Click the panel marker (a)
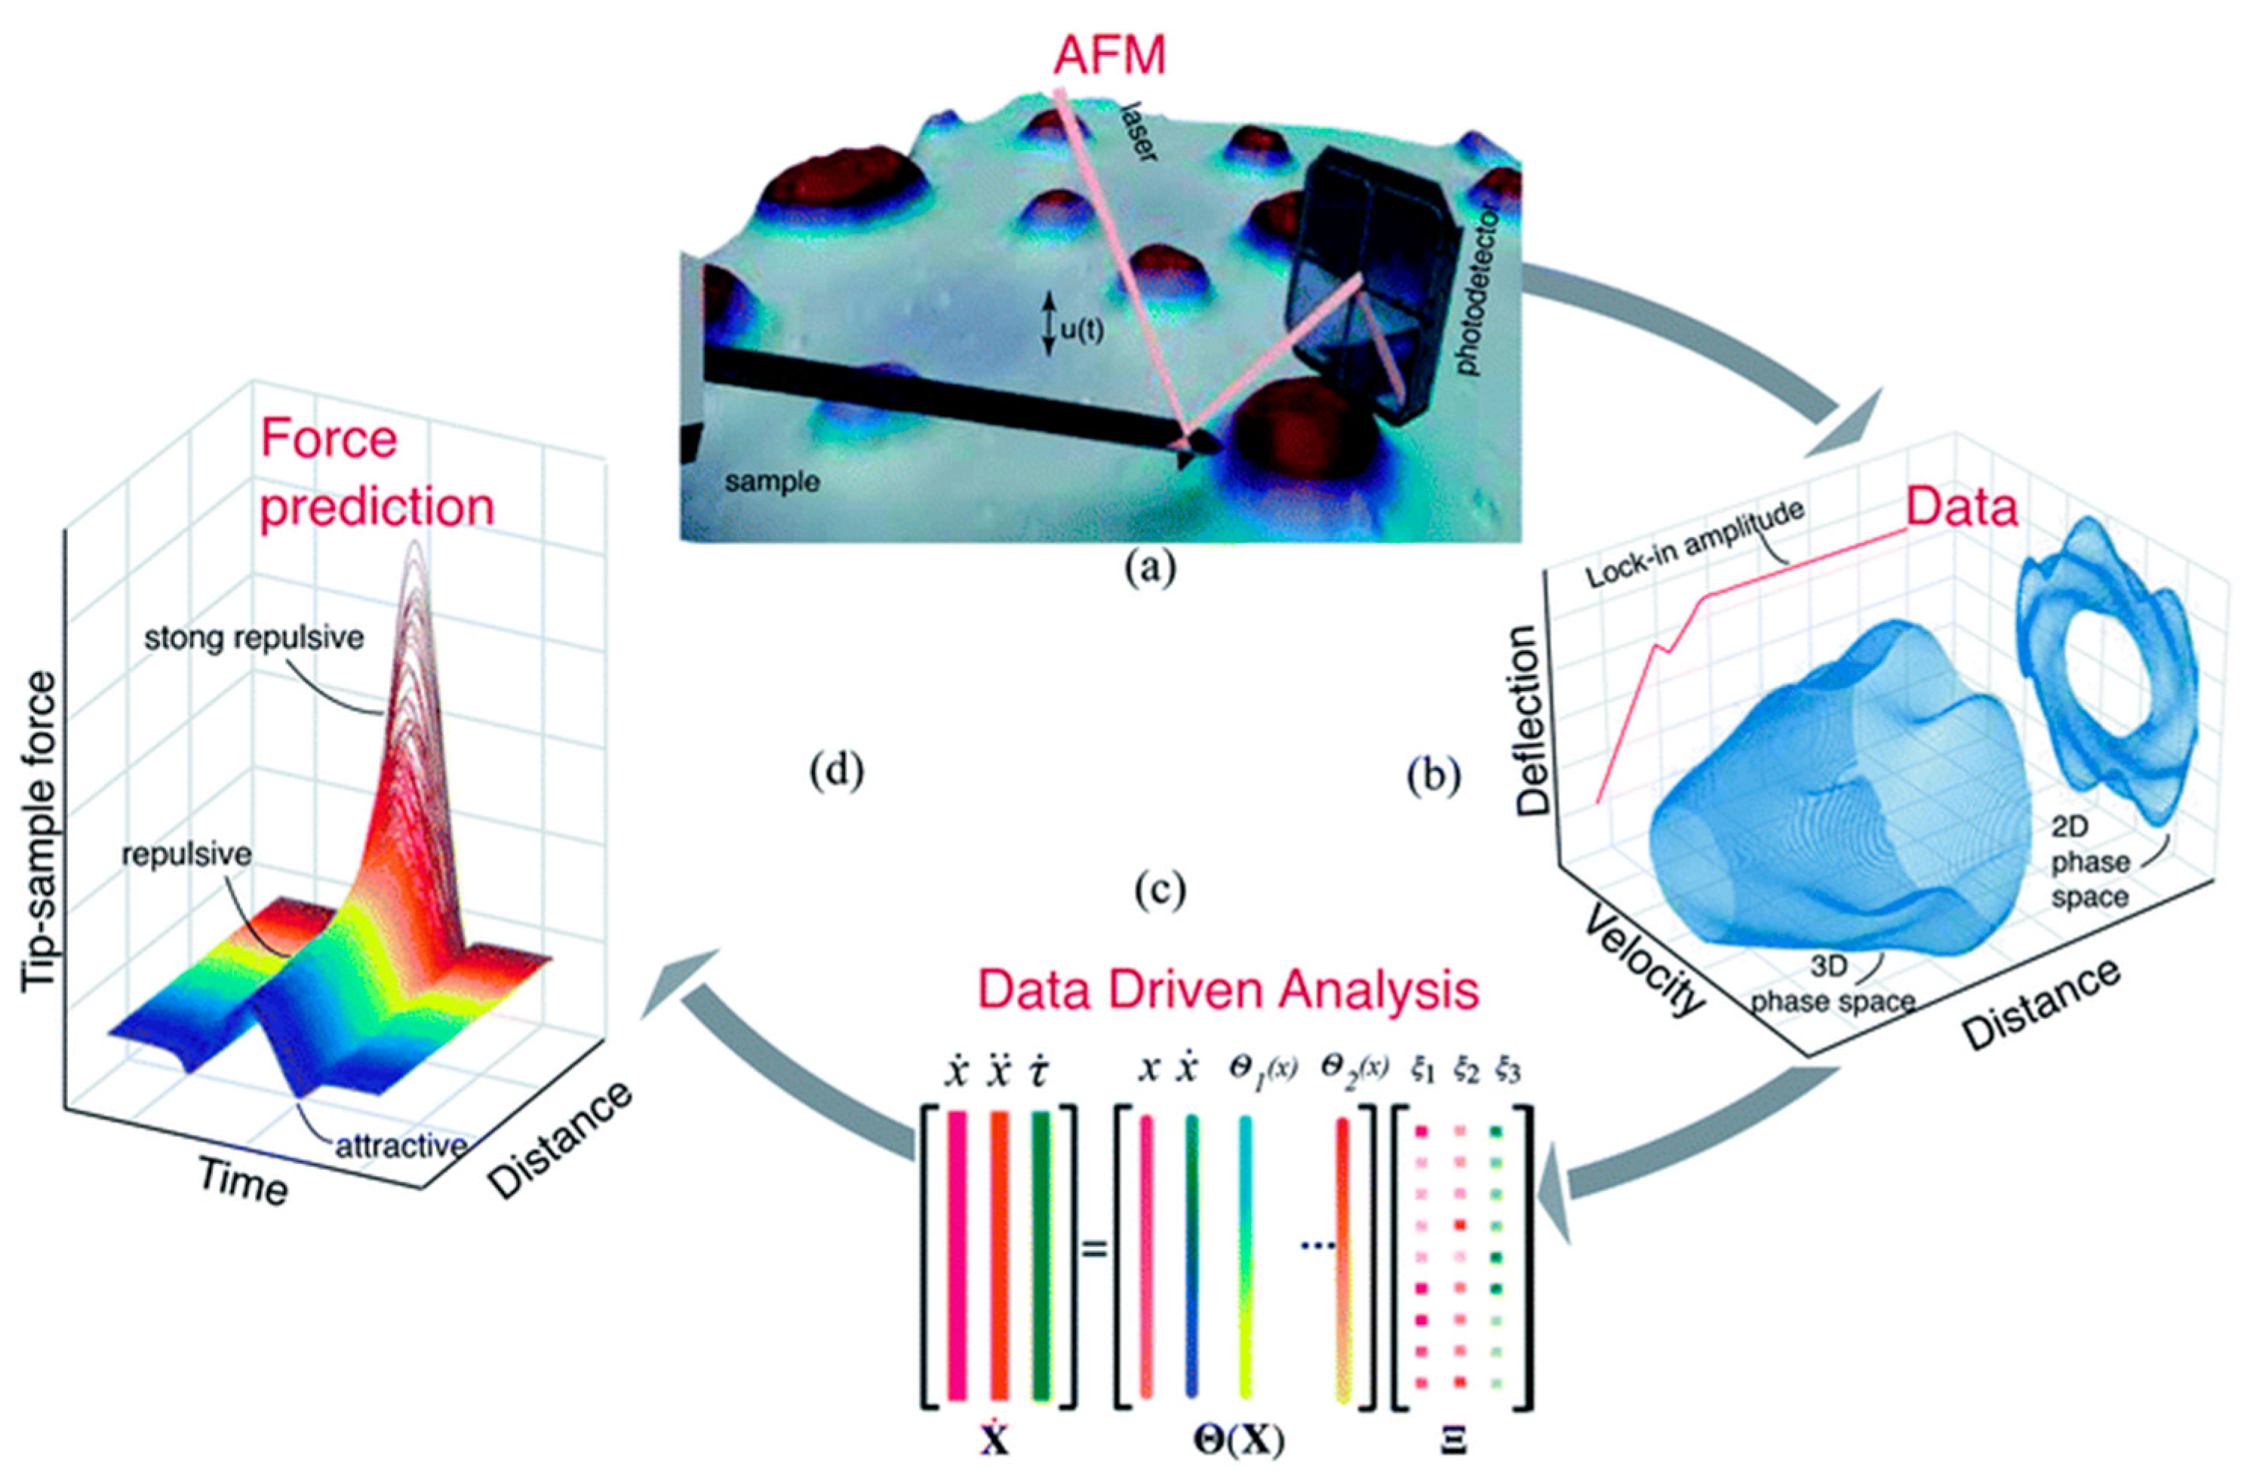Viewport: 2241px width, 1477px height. point(1151,570)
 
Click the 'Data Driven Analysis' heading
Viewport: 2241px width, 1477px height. point(1228,992)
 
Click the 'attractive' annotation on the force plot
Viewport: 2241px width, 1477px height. point(401,1145)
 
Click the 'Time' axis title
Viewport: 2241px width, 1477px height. point(242,1181)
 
